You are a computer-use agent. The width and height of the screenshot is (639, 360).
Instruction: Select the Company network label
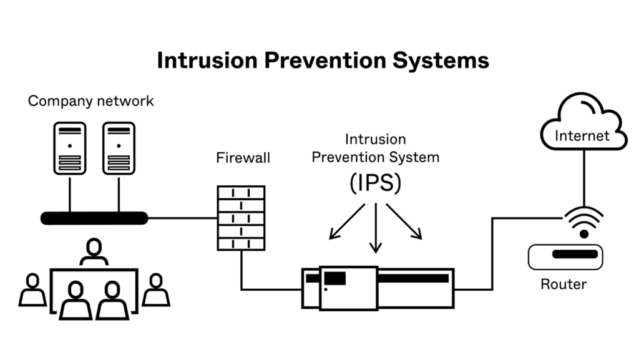coord(90,101)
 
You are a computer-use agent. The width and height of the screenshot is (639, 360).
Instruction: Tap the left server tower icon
coord(69,148)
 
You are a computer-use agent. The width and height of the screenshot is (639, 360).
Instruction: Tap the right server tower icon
coord(118,148)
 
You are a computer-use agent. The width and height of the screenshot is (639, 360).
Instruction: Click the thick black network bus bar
coord(94,218)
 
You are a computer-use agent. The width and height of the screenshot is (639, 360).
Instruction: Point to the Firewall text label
coord(243,158)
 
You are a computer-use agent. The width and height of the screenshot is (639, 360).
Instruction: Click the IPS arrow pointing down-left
coord(346,222)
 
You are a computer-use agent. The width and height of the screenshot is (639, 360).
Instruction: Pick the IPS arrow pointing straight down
coord(375,228)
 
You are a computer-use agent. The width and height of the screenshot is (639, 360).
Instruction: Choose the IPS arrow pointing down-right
coord(406,222)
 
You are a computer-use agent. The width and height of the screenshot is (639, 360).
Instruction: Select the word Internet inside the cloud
coord(582,135)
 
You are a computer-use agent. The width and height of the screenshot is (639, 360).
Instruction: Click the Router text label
coord(563,285)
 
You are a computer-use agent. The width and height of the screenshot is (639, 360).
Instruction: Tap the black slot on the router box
coord(574,255)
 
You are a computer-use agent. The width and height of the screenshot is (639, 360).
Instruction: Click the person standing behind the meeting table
coord(94,253)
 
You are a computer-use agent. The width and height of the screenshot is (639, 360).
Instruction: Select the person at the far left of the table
coord(32,291)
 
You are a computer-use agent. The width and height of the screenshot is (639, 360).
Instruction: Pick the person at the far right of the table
coord(155,291)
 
